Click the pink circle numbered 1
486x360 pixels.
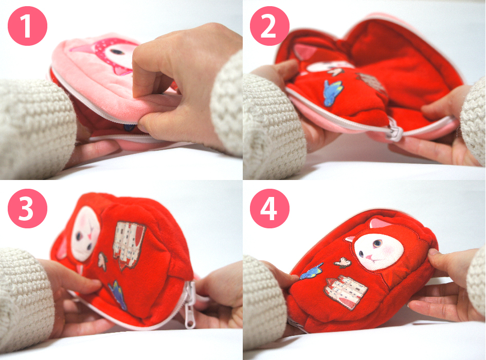[x=27, y=26]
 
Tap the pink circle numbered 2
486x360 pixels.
[x=269, y=26]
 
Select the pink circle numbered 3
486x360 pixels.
[x=27, y=208]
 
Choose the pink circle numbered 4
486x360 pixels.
[x=269, y=208]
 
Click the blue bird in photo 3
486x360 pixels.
[x=118, y=295]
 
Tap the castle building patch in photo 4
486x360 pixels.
[x=345, y=292]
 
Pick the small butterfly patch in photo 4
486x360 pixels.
[x=343, y=262]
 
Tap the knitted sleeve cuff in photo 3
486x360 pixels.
[x=25, y=294]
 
